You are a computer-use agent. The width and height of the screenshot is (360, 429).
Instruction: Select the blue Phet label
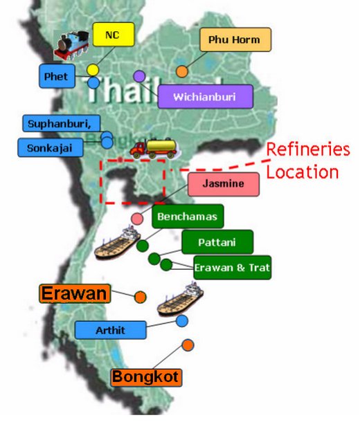tap(56, 77)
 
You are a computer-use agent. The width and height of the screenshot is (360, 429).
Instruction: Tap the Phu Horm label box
tap(234, 40)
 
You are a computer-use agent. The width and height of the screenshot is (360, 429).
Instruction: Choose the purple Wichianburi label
tap(206, 97)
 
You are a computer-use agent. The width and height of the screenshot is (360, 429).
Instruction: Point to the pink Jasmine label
tap(223, 185)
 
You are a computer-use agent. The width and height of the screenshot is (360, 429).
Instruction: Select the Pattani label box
tap(217, 241)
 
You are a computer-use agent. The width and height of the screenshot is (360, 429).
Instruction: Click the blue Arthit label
tap(111, 330)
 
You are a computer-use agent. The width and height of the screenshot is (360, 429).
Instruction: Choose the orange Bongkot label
tap(146, 377)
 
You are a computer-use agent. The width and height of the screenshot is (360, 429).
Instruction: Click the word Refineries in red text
tap(307, 150)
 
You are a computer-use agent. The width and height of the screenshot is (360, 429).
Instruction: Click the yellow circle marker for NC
tap(92, 70)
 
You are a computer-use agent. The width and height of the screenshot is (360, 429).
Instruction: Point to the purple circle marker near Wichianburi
tap(139, 75)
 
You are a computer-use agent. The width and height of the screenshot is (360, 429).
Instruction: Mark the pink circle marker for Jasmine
tap(138, 219)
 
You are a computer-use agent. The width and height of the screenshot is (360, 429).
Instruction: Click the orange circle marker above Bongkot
tap(188, 345)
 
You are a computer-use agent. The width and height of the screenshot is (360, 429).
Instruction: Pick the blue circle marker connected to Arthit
tap(181, 320)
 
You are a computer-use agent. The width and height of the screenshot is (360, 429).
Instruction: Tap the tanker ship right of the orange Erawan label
tap(180, 300)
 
